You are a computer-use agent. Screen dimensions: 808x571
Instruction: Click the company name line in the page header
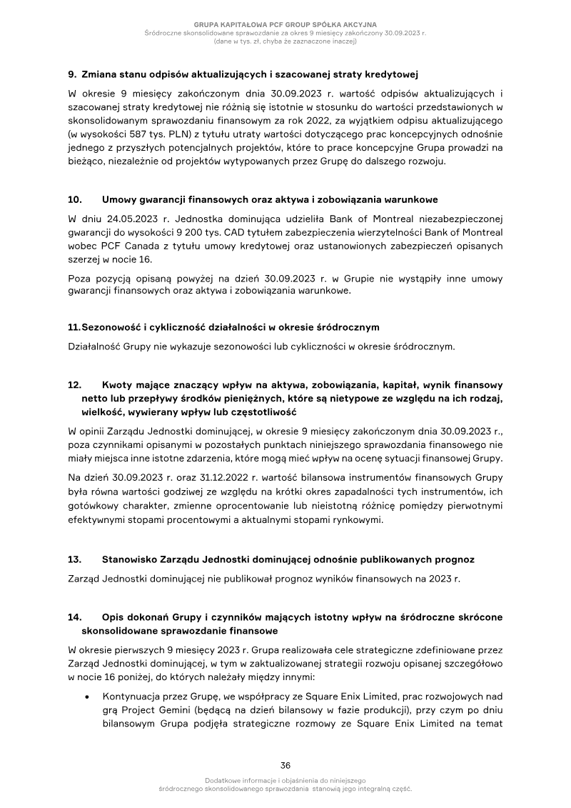pos(285,25)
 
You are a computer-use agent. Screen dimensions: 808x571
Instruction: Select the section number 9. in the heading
pos(72,74)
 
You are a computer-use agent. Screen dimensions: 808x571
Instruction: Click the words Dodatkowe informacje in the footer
pos(238,781)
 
